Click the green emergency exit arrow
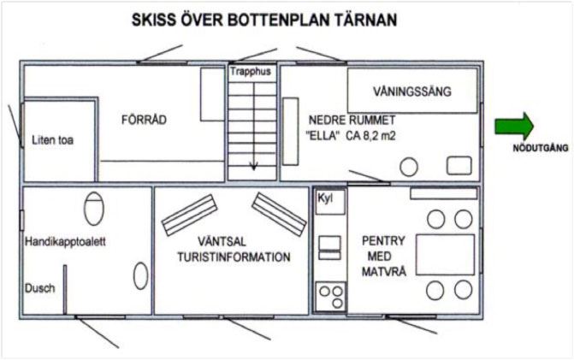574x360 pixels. click(514, 127)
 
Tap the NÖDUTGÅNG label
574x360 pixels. click(541, 148)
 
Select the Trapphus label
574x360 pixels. click(251, 71)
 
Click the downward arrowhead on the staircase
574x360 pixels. click(253, 167)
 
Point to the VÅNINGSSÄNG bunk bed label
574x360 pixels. click(412, 91)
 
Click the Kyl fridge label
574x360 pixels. click(325, 198)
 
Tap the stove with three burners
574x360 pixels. click(330, 297)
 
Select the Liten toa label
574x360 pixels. click(53, 139)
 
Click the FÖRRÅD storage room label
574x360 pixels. click(144, 120)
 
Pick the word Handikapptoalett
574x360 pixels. click(65, 241)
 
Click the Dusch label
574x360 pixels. click(39, 288)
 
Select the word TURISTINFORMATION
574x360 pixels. click(234, 257)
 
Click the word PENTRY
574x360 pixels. click(383, 241)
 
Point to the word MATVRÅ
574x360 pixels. click(384, 271)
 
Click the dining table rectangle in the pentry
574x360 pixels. click(445, 255)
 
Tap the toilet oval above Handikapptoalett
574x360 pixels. click(94, 209)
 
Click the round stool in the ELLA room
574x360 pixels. click(409, 167)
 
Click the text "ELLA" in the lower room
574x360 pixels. click(321, 136)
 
